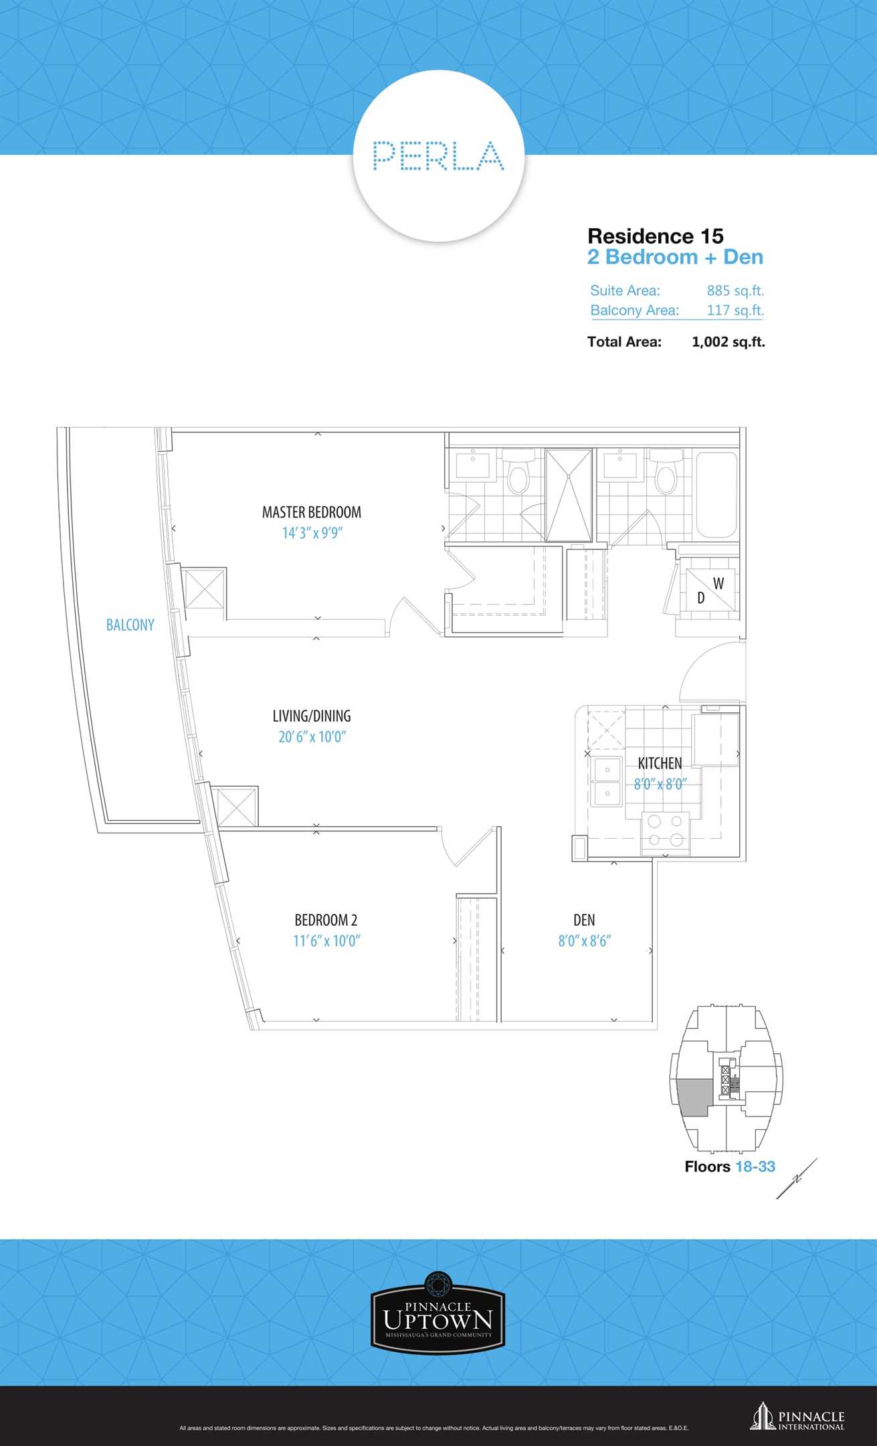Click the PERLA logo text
point(438,155)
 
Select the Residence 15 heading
point(656,236)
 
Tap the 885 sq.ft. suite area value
point(735,291)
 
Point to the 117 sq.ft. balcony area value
point(735,310)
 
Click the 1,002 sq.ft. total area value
point(728,341)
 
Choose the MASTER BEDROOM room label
point(312,512)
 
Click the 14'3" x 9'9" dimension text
point(312,533)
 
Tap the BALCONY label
point(130,625)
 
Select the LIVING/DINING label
point(312,716)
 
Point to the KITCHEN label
point(660,763)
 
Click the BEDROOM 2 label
point(326,920)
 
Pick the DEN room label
point(584,920)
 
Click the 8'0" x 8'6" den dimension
point(585,941)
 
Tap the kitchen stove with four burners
point(666,833)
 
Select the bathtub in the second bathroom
point(717,495)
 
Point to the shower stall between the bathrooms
point(569,495)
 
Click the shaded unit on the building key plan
point(694,1097)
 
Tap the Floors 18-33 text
point(730,1166)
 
